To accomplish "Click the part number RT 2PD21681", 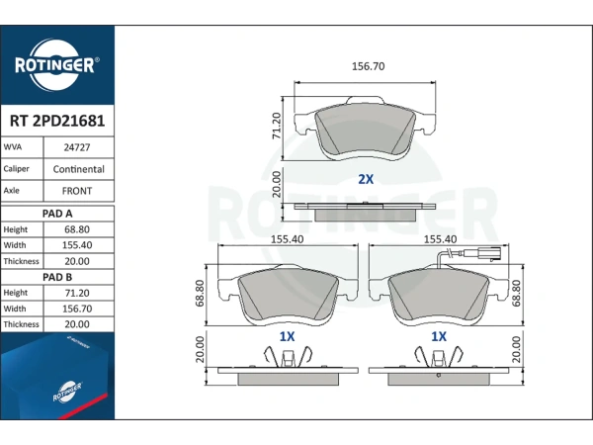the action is pos(57,121).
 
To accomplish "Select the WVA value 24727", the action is pos(77,147).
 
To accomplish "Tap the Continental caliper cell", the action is pos(79,169).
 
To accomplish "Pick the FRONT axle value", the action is pos(77,191).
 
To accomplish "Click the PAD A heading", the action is pos(57,214).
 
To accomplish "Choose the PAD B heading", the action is pos(57,277).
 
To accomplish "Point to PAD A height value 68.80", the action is pos(77,229).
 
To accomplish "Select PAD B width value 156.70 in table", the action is pos(77,309).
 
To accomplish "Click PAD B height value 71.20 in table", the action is pos(77,293).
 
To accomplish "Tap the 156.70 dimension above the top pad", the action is pos(368,66).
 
